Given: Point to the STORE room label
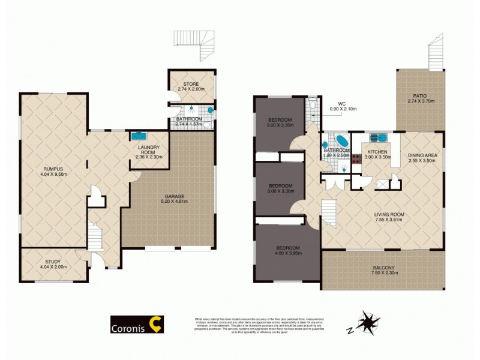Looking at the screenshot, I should click(x=191, y=83).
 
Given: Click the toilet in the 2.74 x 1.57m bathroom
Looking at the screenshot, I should click(x=207, y=124).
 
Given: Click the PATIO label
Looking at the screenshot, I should click(x=419, y=95).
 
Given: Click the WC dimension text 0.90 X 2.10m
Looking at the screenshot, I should click(x=343, y=109).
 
